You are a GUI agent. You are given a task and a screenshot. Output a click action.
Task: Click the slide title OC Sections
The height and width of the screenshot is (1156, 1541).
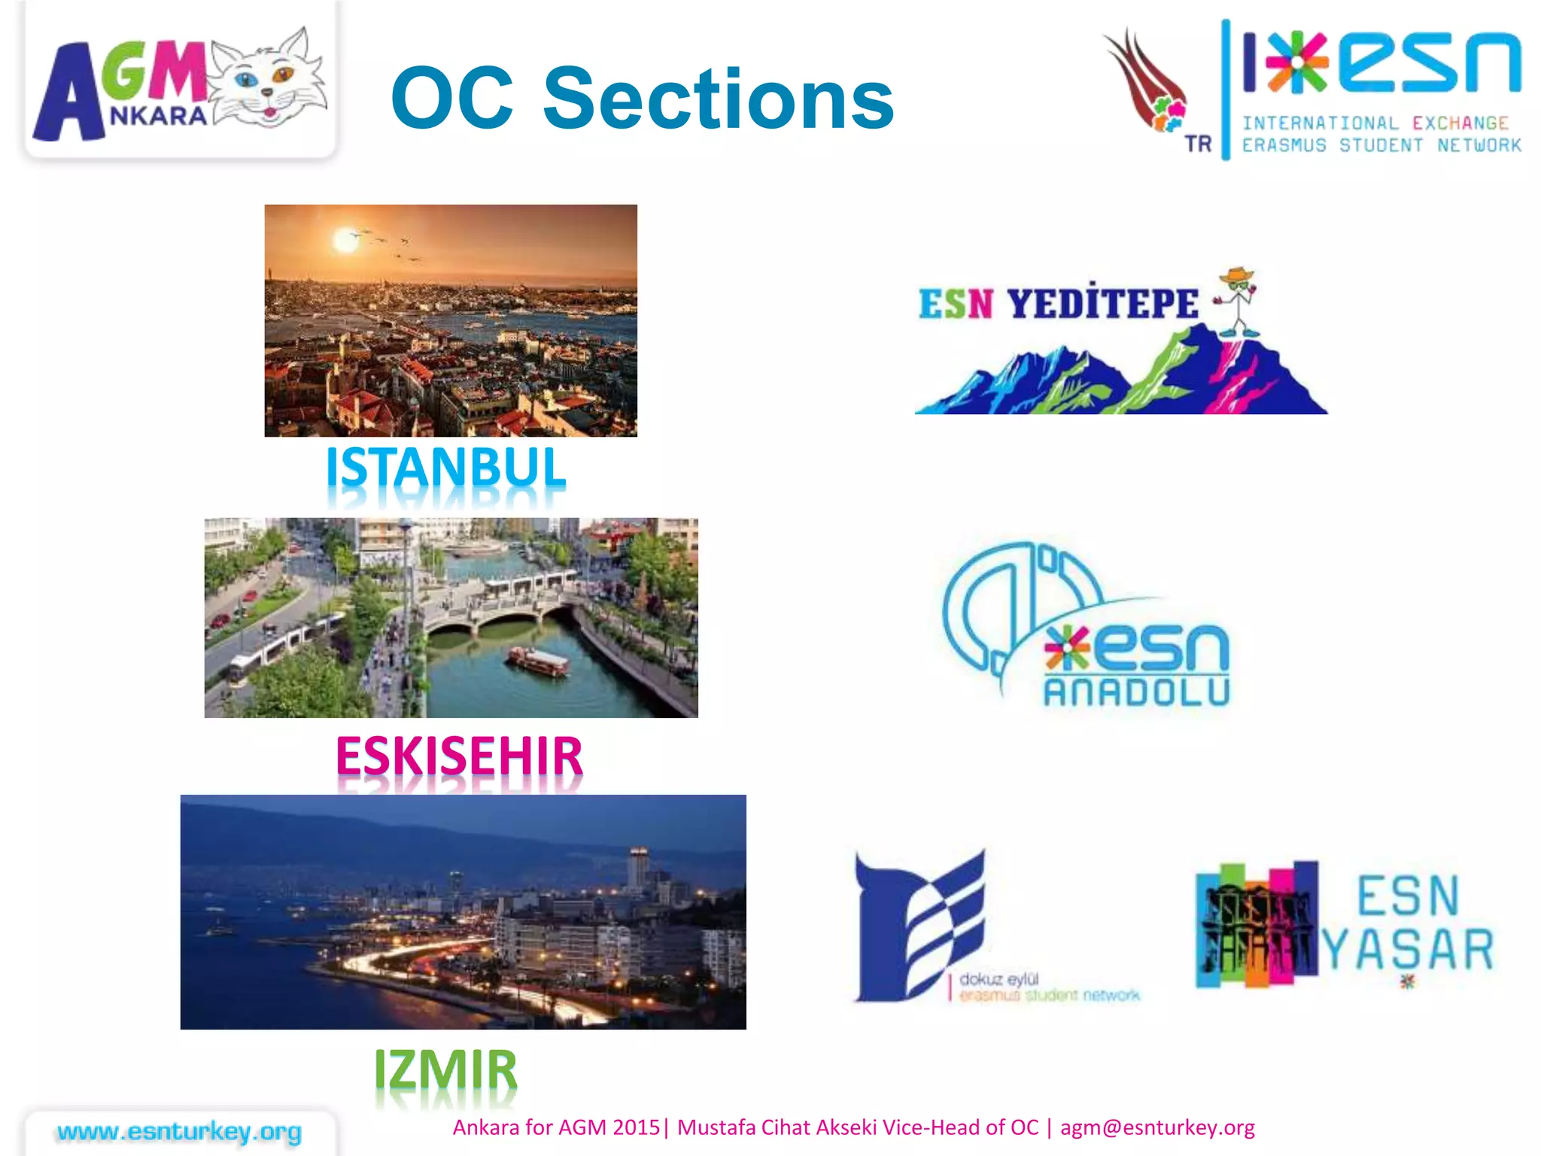click(642, 98)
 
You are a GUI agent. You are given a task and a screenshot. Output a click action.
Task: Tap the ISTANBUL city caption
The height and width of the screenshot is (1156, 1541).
click(445, 468)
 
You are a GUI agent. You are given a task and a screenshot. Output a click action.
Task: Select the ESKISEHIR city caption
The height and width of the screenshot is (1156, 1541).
click(459, 756)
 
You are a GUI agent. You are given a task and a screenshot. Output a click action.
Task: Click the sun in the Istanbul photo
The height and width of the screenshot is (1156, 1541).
click(345, 240)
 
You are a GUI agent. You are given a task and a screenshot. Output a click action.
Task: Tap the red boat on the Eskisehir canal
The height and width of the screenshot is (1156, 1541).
click(539, 660)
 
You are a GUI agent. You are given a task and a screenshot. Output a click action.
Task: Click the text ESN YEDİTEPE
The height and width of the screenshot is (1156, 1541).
click(1058, 304)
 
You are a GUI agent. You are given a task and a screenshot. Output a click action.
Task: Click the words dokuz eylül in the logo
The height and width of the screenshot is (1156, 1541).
click(998, 979)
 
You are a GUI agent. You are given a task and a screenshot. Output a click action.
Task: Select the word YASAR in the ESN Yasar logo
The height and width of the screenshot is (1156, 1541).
click(1408, 949)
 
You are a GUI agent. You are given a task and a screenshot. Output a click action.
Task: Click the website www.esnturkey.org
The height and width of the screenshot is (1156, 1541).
click(179, 1131)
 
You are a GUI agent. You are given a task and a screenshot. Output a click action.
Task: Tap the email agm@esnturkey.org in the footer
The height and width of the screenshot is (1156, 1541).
click(1157, 1127)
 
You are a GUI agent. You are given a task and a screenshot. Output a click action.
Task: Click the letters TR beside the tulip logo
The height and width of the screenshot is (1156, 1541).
click(1198, 143)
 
